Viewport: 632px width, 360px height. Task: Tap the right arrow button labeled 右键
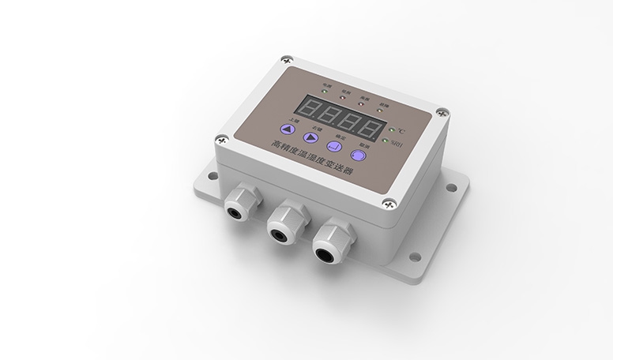point(315,136)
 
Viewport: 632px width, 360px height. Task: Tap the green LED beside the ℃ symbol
point(393,129)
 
